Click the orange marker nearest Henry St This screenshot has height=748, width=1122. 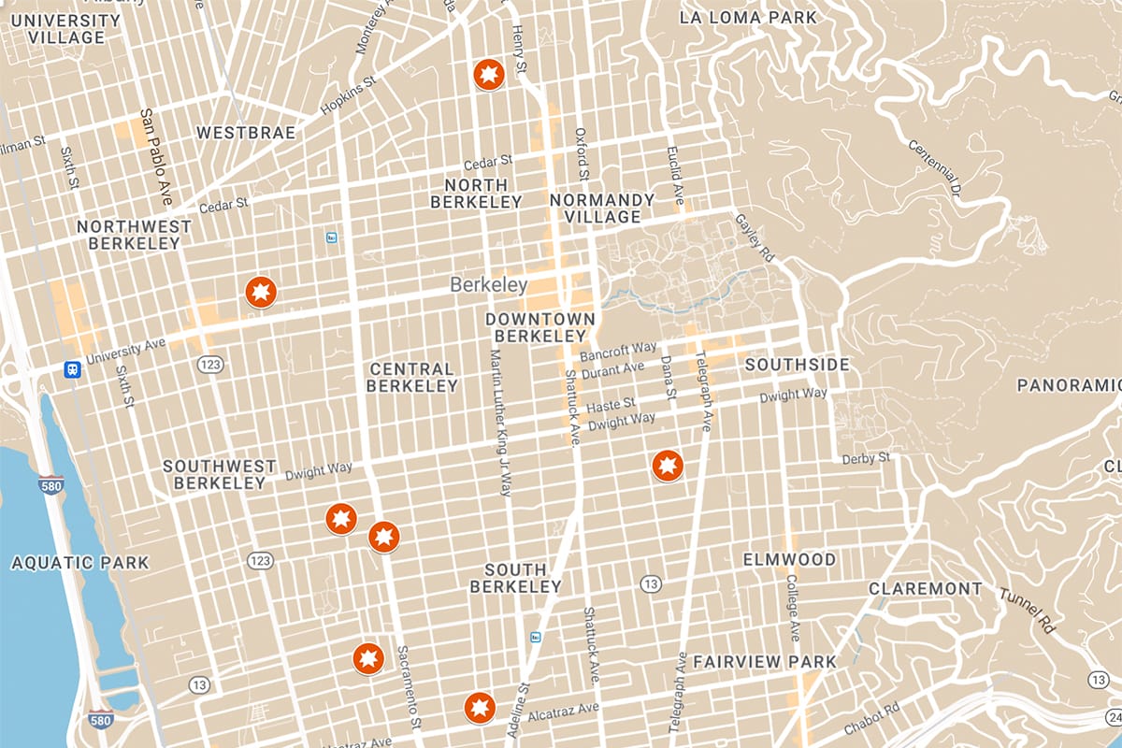click(x=488, y=74)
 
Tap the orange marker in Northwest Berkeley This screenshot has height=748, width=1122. click(x=261, y=293)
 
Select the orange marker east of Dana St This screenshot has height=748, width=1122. click(x=667, y=465)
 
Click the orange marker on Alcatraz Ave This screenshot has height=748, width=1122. click(x=480, y=708)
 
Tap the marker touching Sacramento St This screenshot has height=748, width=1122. click(x=383, y=537)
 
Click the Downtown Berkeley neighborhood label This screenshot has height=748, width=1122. click(x=539, y=327)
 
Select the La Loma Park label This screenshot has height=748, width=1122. click(x=748, y=18)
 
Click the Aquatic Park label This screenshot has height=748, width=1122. click(x=79, y=563)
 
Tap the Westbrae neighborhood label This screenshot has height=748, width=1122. click(x=245, y=133)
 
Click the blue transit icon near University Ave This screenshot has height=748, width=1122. click(x=72, y=369)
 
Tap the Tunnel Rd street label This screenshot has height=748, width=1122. click(x=1026, y=611)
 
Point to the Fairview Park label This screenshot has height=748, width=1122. click(x=764, y=662)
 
